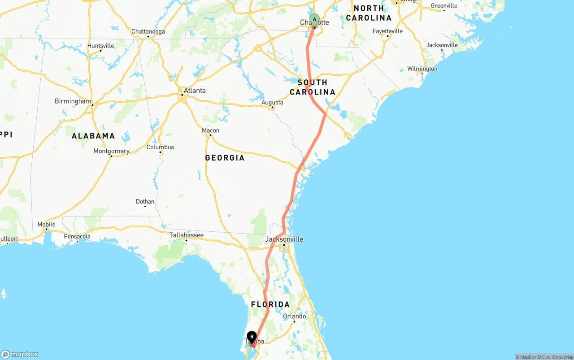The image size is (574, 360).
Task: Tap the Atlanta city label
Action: [195, 91]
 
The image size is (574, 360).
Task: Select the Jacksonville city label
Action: [284, 239]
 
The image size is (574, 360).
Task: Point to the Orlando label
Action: [295, 316]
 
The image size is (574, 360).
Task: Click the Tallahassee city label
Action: [186, 235]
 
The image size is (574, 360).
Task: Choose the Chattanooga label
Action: [148, 31]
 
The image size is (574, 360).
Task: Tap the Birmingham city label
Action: [73, 101]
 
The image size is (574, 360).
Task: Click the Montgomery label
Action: [111, 151]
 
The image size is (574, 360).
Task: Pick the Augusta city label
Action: [272, 102]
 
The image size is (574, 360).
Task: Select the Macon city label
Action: [210, 130]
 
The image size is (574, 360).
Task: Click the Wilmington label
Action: [422, 69]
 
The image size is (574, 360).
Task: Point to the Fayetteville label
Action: [387, 31]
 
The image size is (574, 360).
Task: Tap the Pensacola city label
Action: [77, 236]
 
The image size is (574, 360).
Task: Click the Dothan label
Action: [145, 201]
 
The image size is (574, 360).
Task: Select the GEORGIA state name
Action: [225, 158]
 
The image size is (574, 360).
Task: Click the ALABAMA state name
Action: [93, 135]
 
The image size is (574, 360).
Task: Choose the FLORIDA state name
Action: [270, 304]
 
